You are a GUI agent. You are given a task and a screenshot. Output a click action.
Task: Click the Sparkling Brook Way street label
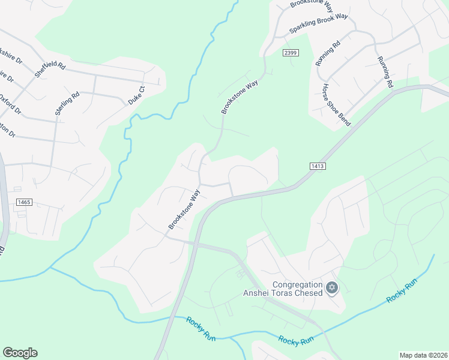(319, 23)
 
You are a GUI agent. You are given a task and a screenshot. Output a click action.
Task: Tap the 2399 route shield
(291, 53)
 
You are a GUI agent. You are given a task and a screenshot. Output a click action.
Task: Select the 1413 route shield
(318, 165)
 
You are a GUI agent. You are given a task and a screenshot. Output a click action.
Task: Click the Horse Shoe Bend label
(336, 104)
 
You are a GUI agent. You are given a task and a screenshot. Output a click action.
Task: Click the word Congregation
(298, 284)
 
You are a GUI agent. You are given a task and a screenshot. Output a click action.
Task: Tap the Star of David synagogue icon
(331, 289)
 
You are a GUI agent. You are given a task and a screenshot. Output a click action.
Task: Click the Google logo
(20, 353)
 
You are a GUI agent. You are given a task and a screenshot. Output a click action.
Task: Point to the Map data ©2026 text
(423, 355)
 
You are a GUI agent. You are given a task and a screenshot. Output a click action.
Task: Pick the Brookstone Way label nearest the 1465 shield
(184, 209)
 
